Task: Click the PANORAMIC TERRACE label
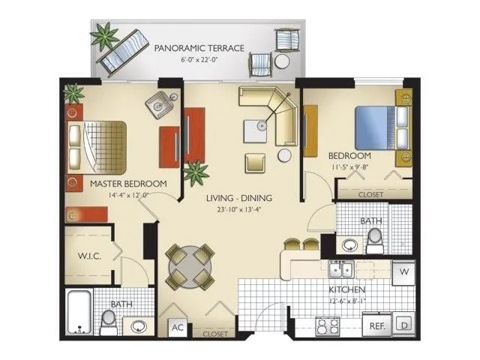pos(199,48)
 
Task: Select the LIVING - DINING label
pos(239,198)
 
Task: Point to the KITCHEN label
pos(346,289)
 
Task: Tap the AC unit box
pos(178,327)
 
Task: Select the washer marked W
pos(403,271)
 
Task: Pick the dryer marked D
pos(403,325)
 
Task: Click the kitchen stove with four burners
pos(327,326)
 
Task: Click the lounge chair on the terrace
pos(123,52)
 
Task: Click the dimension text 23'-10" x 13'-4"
pos(239,209)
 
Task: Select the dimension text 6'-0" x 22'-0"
pos(199,59)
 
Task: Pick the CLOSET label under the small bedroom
pos(370,194)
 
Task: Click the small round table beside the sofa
pos(284,154)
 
